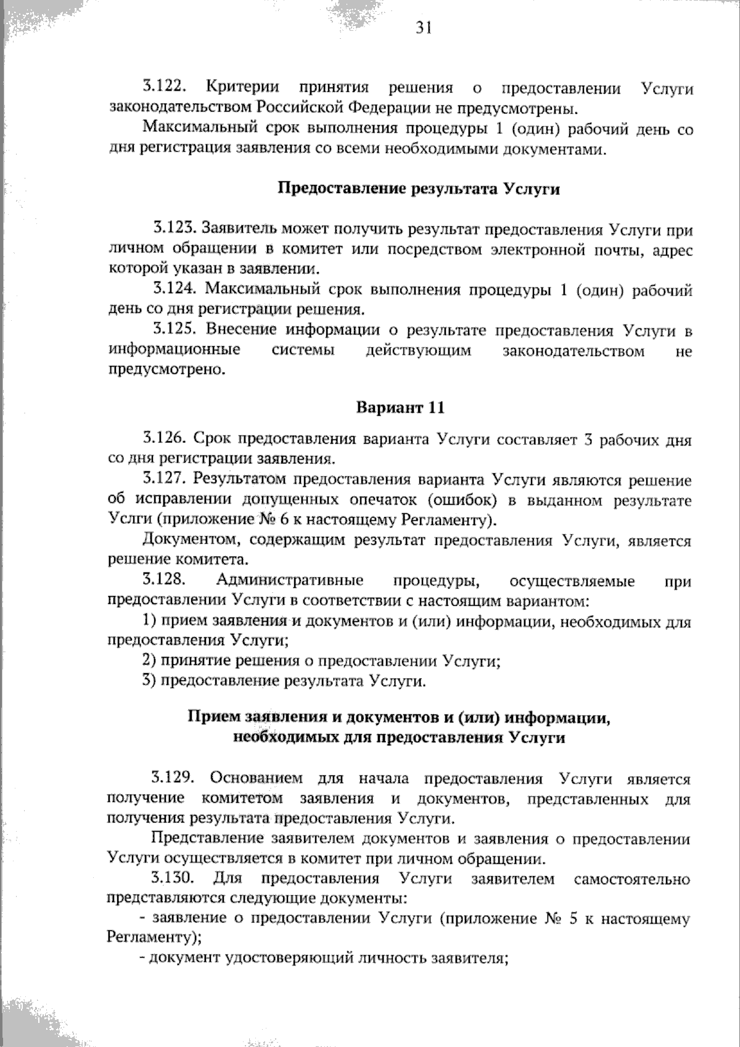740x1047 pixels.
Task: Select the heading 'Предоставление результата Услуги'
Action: pyautogui.click(x=419, y=189)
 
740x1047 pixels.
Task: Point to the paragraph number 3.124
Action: pyautogui.click(x=175, y=289)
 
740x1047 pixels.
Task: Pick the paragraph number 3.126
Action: pyautogui.click(x=164, y=439)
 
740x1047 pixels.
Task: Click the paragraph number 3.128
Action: pyautogui.click(x=164, y=579)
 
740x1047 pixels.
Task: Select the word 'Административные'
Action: pyautogui.click(x=290, y=581)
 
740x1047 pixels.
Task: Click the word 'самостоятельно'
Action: pyautogui.click(x=632, y=879)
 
